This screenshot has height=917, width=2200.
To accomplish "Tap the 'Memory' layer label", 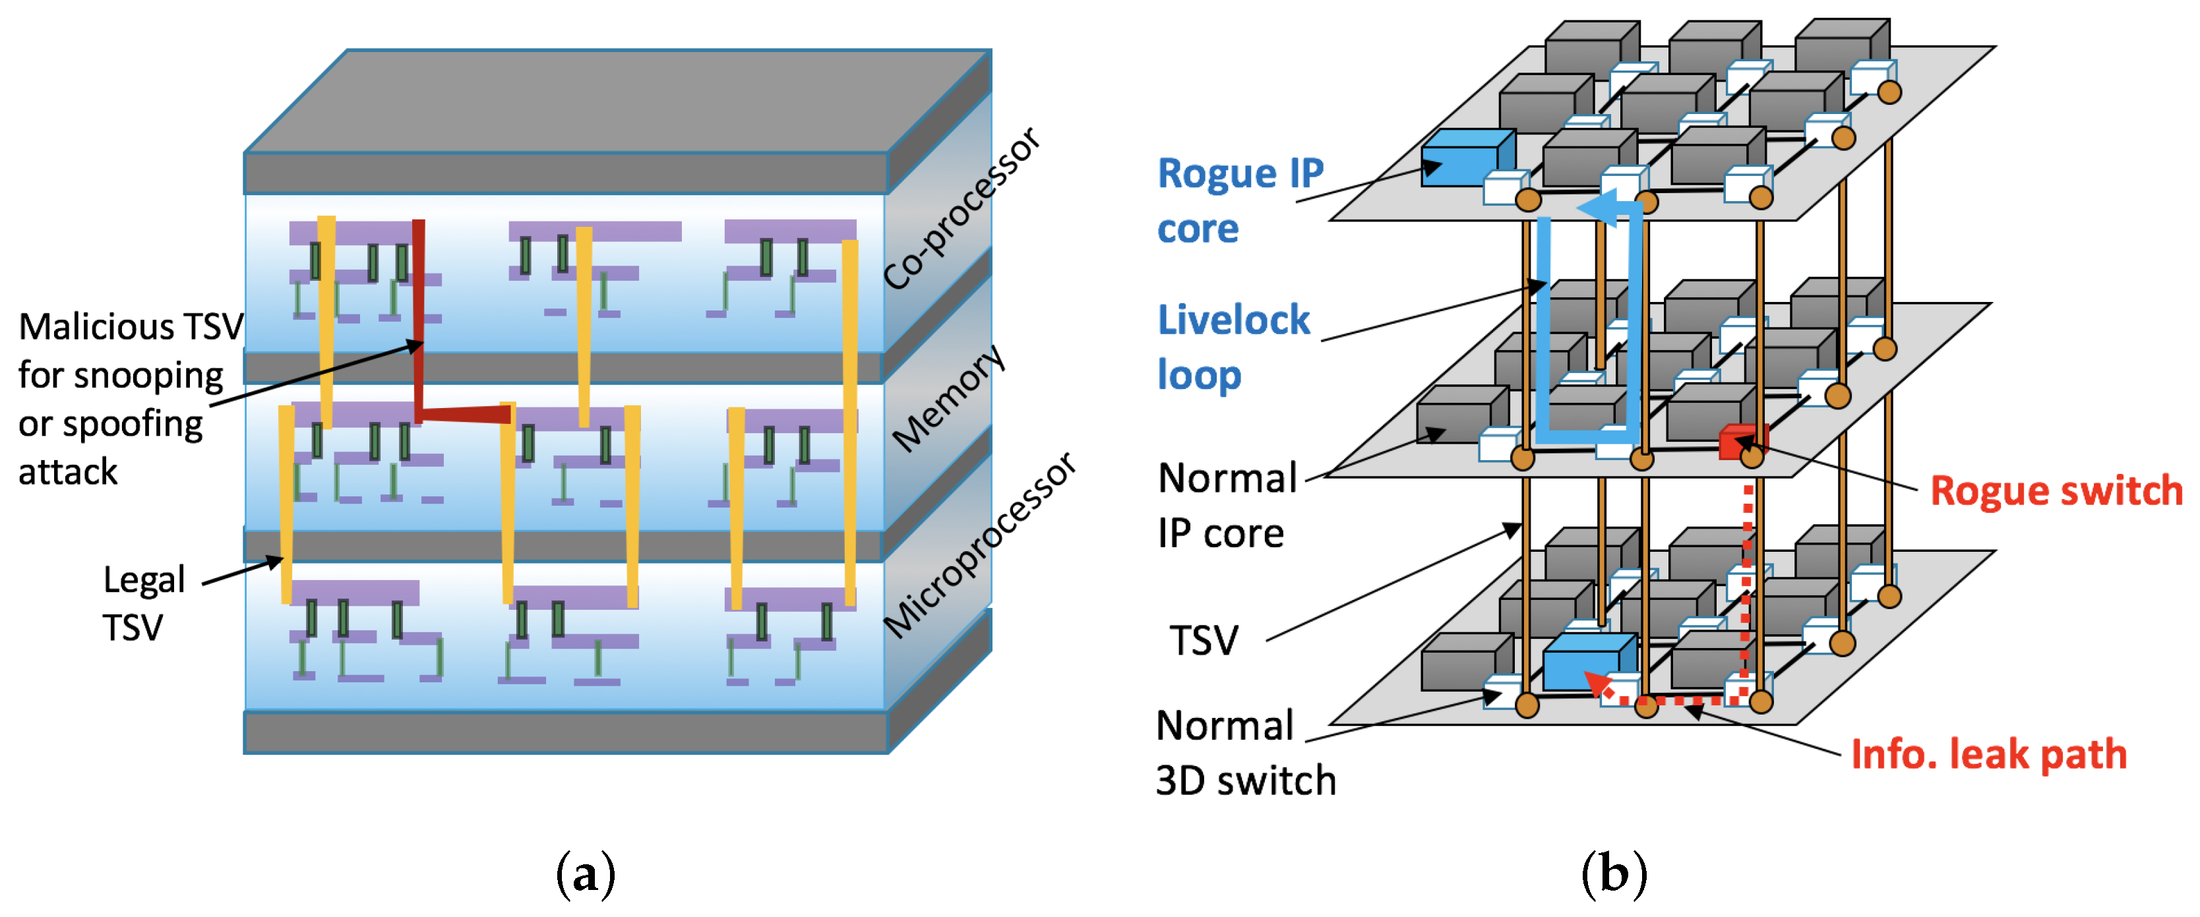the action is [x=948, y=398].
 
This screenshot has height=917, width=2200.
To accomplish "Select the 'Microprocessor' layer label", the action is [x=979, y=545].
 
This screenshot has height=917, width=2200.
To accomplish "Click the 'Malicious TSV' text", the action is [x=131, y=326].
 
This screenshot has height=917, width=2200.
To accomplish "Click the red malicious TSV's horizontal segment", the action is [x=466, y=414].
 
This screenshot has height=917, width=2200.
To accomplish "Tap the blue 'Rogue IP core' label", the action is [x=1240, y=200].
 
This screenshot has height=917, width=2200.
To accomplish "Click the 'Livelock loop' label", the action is [x=1233, y=347].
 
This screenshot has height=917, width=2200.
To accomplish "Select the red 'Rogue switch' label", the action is [x=2056, y=491].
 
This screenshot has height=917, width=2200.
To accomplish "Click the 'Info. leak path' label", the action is [x=1988, y=755].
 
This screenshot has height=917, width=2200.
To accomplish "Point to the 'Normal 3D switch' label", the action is [x=1245, y=753].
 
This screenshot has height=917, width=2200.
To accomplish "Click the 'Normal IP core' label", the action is [x=1227, y=506].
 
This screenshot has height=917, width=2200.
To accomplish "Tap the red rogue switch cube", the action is [x=1739, y=442].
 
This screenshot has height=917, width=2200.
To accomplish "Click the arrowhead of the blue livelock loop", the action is [x=1595, y=208].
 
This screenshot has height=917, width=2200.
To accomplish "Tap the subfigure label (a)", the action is [x=585, y=874].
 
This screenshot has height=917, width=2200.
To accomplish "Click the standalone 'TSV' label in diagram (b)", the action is [x=1204, y=640].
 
